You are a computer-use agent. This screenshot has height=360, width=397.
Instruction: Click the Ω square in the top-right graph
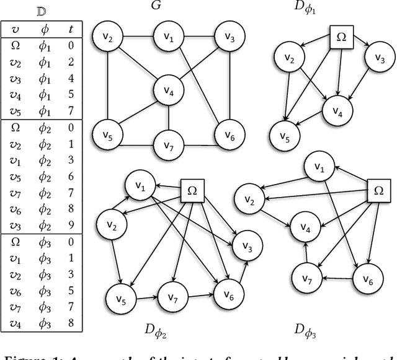[341, 37]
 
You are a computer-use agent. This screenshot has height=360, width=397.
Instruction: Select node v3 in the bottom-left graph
[246, 248]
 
